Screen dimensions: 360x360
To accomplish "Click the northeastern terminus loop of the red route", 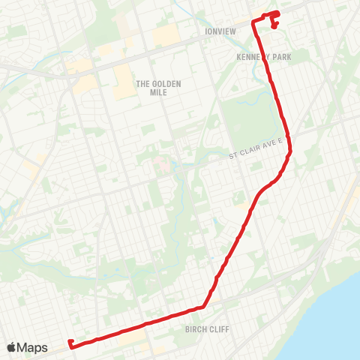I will [x=273, y=18].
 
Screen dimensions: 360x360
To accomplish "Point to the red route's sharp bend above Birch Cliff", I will [x=203, y=306].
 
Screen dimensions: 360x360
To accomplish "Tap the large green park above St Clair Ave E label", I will [x=251, y=120].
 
